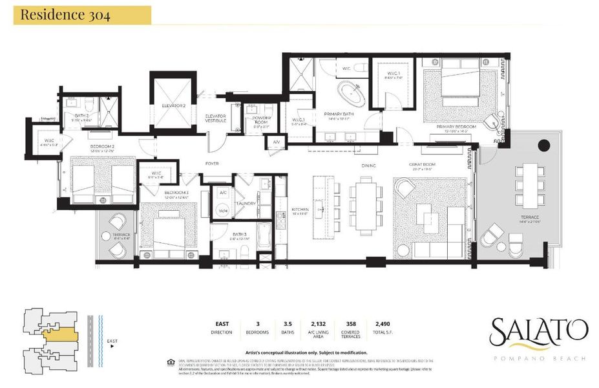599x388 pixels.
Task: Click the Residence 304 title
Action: (x=61, y=16)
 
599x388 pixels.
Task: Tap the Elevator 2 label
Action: (x=174, y=105)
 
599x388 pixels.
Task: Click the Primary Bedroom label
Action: (x=456, y=127)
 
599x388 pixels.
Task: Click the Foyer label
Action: (x=212, y=164)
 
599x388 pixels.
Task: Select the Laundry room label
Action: (x=246, y=203)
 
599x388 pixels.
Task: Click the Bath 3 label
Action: (x=239, y=235)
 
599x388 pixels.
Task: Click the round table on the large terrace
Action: (x=544, y=145)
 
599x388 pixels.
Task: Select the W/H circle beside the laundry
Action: (x=223, y=211)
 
